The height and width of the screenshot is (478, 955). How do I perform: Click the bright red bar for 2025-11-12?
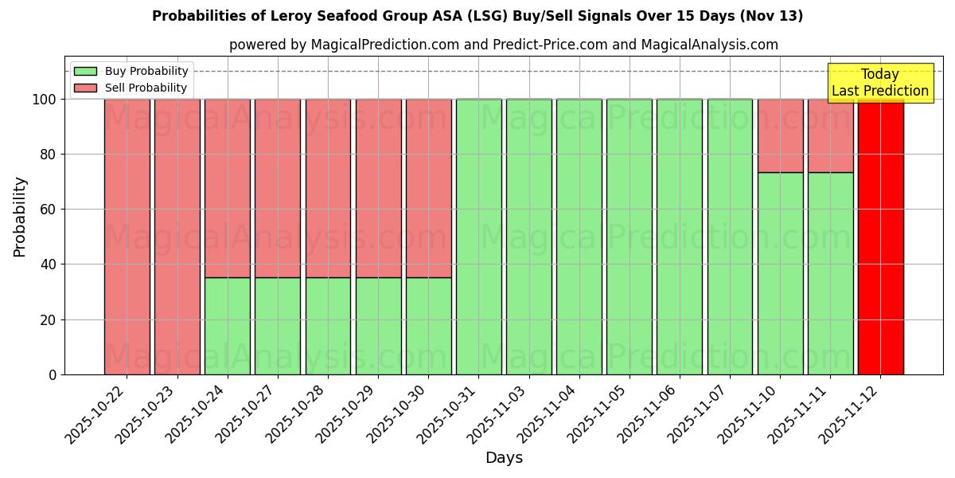coord(880,237)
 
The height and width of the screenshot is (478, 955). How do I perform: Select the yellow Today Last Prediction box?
coord(879,83)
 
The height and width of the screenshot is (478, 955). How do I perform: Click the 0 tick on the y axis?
coord(53,374)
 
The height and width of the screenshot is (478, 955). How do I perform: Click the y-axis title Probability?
coord(20,216)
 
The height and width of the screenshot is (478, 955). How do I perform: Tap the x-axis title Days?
coord(504,458)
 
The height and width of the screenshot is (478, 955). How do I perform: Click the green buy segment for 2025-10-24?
coord(228,326)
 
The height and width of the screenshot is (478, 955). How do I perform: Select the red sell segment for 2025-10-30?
coord(428,188)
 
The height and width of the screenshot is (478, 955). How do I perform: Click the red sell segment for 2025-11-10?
coord(780,135)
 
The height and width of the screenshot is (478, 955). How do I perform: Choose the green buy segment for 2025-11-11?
coord(830,273)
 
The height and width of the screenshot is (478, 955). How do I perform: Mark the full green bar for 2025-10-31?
coord(478,237)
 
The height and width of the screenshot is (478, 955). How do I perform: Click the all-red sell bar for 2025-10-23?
coord(177,237)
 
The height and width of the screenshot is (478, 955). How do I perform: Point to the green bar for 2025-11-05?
coord(629,237)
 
